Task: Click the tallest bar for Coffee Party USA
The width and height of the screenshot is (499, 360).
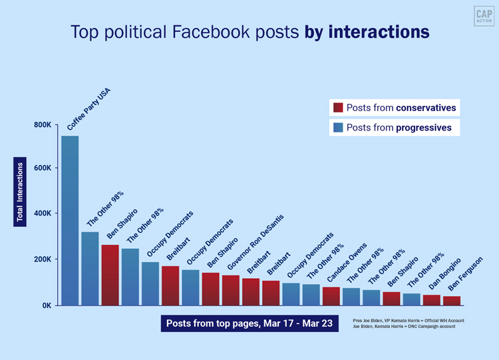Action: click(70, 220)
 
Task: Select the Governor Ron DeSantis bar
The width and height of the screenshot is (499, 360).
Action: click(231, 290)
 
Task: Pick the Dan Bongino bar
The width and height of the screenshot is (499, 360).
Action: click(431, 300)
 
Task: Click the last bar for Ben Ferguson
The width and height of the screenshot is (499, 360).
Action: click(451, 301)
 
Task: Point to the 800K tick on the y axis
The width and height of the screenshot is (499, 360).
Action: click(43, 124)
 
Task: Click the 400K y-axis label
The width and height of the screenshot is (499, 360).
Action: click(43, 214)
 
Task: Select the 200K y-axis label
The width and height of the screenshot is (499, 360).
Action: click(43, 260)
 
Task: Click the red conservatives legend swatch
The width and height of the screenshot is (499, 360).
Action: click(338, 108)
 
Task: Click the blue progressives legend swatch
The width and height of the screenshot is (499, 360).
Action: click(338, 127)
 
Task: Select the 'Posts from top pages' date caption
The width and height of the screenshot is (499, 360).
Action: click(250, 323)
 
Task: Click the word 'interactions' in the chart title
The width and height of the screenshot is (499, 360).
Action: click(379, 32)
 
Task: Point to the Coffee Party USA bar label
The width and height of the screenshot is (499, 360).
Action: click(88, 109)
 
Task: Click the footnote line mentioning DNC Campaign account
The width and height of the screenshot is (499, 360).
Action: click(409, 327)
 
